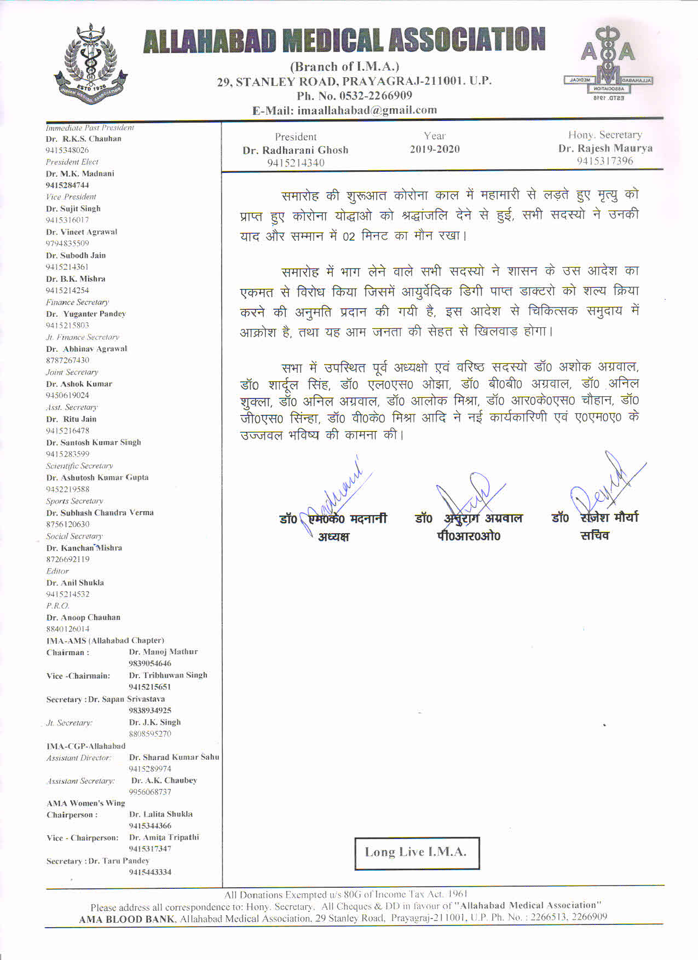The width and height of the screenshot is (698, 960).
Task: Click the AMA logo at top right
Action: pyautogui.click(x=608, y=63)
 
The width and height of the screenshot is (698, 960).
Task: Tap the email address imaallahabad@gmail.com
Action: pyautogui.click(x=367, y=110)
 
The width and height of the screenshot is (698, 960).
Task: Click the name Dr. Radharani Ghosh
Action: pyautogui.click(x=296, y=150)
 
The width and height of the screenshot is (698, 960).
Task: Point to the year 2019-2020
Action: pyautogui.click(x=435, y=149)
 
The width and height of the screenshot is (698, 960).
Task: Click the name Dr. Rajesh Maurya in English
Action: pyautogui.click(x=605, y=148)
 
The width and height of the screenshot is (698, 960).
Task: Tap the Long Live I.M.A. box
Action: pyautogui.click(x=417, y=852)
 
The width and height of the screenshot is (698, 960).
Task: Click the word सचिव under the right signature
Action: pyautogui.click(x=595, y=535)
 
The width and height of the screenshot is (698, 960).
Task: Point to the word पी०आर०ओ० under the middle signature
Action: pyautogui.click(x=469, y=536)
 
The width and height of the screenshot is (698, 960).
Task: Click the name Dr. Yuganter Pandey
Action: pyautogui.click(x=86, y=314)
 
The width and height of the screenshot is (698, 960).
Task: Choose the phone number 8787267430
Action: pyautogui.click(x=68, y=360)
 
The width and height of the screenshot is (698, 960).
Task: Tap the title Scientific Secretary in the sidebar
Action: pyautogui.click(x=79, y=466)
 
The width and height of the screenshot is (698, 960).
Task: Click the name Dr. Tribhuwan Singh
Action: pyautogui.click(x=168, y=675)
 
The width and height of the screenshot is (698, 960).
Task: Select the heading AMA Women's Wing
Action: pyautogui.click(x=86, y=803)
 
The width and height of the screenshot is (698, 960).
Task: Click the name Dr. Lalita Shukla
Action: pyautogui.click(x=161, y=814)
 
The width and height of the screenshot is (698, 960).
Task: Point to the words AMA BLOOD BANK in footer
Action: pyautogui.click(x=128, y=919)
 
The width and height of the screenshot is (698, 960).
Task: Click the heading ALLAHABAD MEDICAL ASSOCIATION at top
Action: pyautogui.click(x=344, y=41)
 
